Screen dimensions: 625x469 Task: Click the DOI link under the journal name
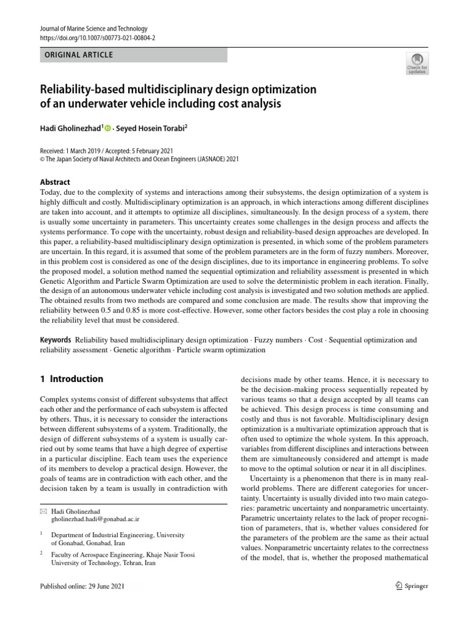(96, 37)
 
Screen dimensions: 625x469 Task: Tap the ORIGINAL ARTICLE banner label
(76, 55)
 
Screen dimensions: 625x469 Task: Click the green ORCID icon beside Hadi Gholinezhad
(108, 128)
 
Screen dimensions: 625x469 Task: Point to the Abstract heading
(54, 182)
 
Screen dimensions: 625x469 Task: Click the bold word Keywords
(55, 339)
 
